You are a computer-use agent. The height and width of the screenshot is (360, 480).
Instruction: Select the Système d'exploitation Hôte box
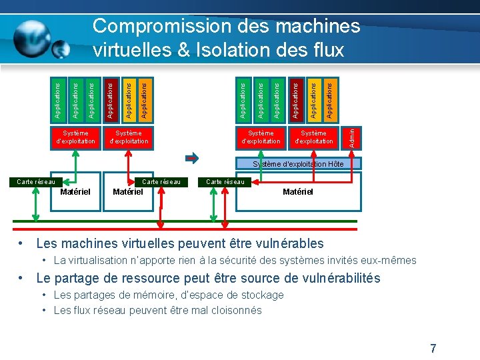click(297, 163)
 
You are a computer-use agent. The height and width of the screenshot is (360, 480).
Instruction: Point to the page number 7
click(433, 348)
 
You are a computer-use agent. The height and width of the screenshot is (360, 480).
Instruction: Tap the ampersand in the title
click(181, 50)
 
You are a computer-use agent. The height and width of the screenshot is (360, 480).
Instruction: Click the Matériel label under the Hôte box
click(297, 192)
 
